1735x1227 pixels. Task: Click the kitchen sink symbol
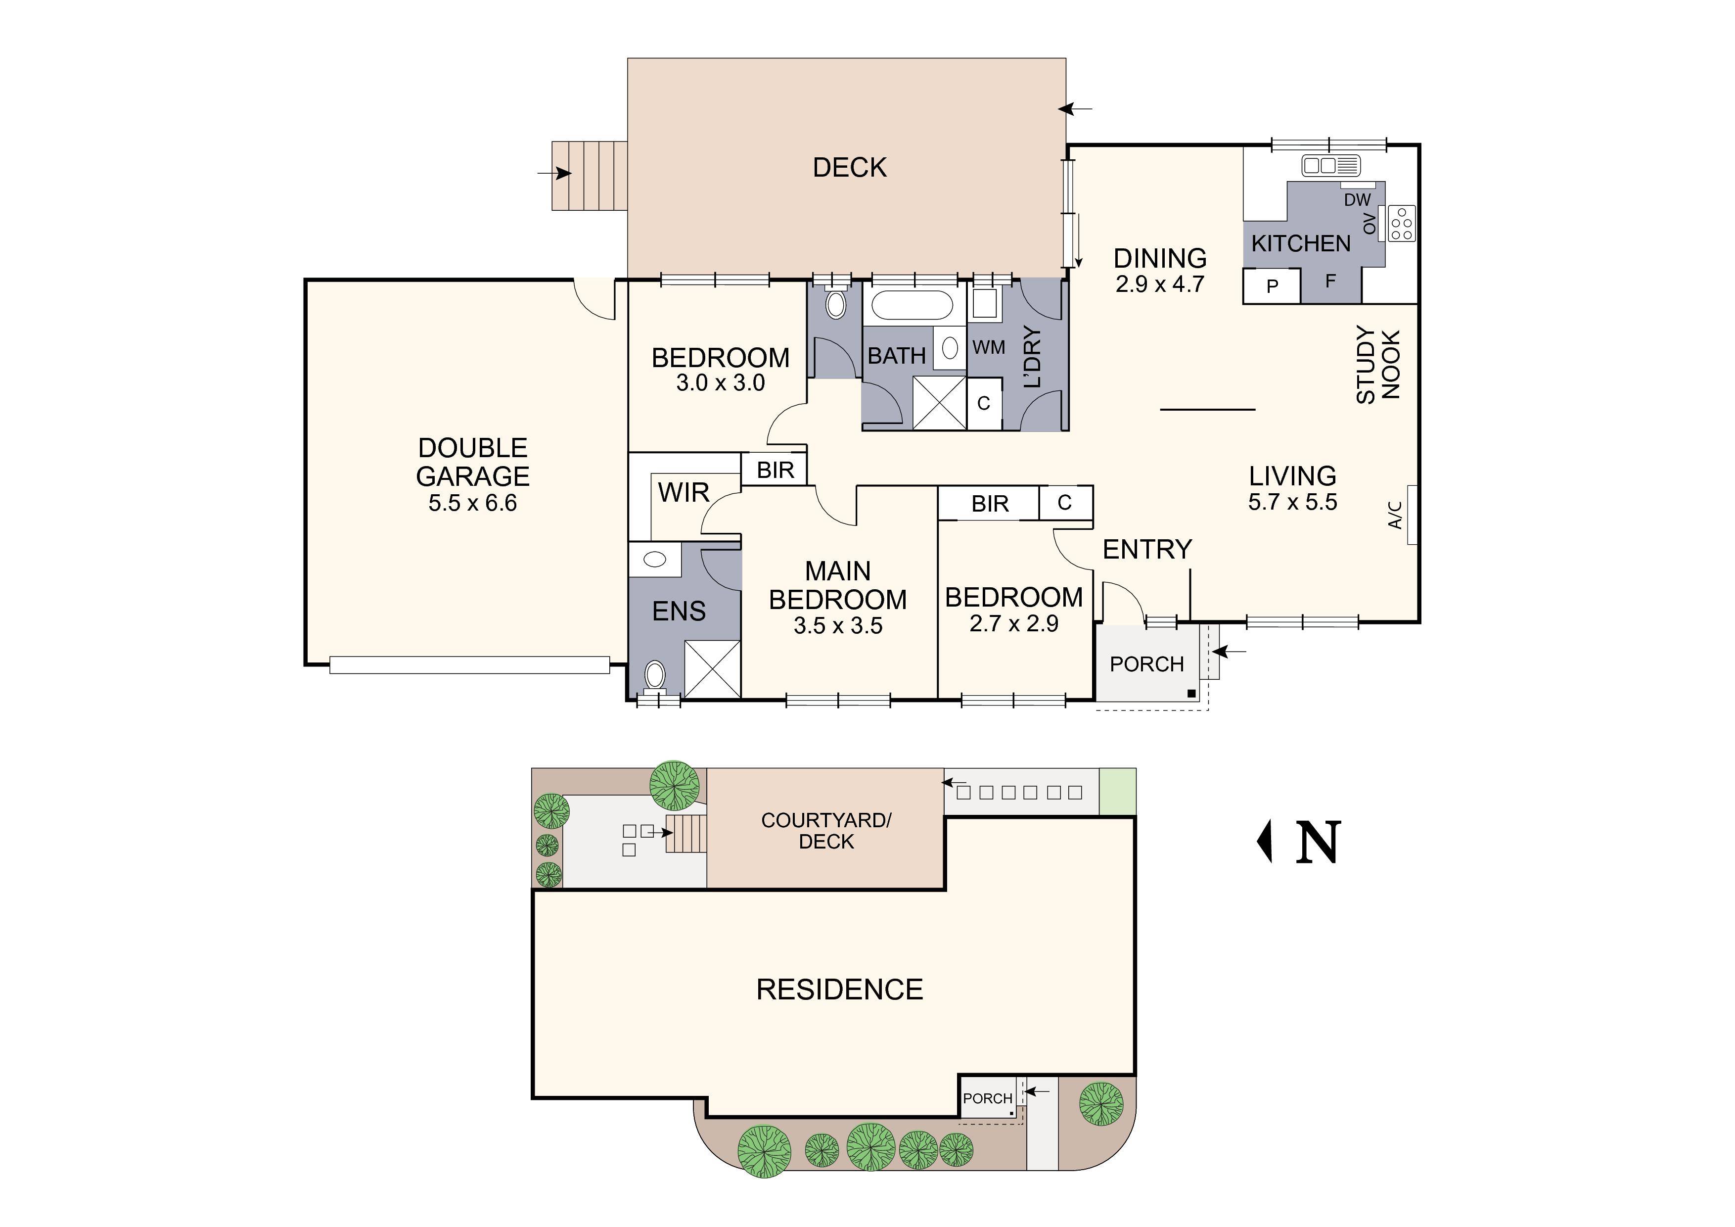coord(1330,164)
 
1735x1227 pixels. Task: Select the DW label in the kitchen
coord(1357,199)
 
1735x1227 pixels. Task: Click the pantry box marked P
coord(1272,286)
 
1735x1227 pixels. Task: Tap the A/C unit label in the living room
coord(1395,515)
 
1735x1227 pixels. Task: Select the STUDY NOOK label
coord(1378,365)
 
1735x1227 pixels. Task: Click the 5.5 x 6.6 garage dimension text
coord(472,504)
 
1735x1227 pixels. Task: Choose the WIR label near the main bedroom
coord(683,493)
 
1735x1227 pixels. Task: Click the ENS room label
coord(679,611)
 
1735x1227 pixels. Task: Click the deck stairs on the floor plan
coord(590,176)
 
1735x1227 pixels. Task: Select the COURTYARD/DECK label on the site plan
coord(826,831)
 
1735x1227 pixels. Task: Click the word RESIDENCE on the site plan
coord(839,990)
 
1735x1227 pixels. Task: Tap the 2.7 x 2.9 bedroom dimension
coord(1013,624)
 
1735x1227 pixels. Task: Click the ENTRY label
coord(1147,550)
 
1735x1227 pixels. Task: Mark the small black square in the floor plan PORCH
coord(1191,693)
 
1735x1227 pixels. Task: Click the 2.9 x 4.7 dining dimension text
coord(1159,285)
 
